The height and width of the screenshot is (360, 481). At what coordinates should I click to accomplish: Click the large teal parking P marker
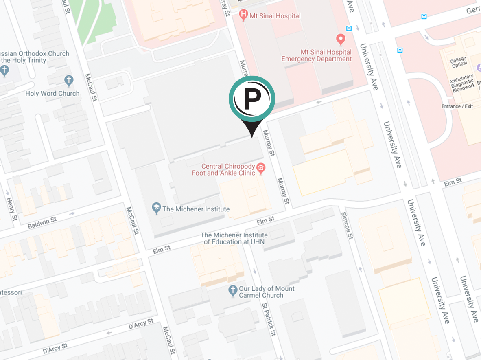point(252,99)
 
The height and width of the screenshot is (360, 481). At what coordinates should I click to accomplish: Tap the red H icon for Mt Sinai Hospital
point(243,15)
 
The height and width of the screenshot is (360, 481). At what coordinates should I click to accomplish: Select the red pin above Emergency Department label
point(341,40)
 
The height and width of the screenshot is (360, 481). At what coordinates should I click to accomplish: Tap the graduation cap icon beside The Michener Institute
point(156,209)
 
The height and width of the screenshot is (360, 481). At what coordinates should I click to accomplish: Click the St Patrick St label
point(268,319)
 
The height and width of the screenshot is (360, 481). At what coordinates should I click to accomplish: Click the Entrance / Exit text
point(457,106)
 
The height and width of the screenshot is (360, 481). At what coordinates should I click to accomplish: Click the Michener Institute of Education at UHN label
point(234,238)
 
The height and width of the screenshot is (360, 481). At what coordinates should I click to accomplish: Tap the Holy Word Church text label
point(52,93)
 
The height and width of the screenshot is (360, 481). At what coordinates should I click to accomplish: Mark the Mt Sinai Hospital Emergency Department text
point(316,55)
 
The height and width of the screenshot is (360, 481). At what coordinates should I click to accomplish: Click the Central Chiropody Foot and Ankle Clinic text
point(223,169)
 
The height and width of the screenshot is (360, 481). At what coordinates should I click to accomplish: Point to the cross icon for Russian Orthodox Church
point(4,70)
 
